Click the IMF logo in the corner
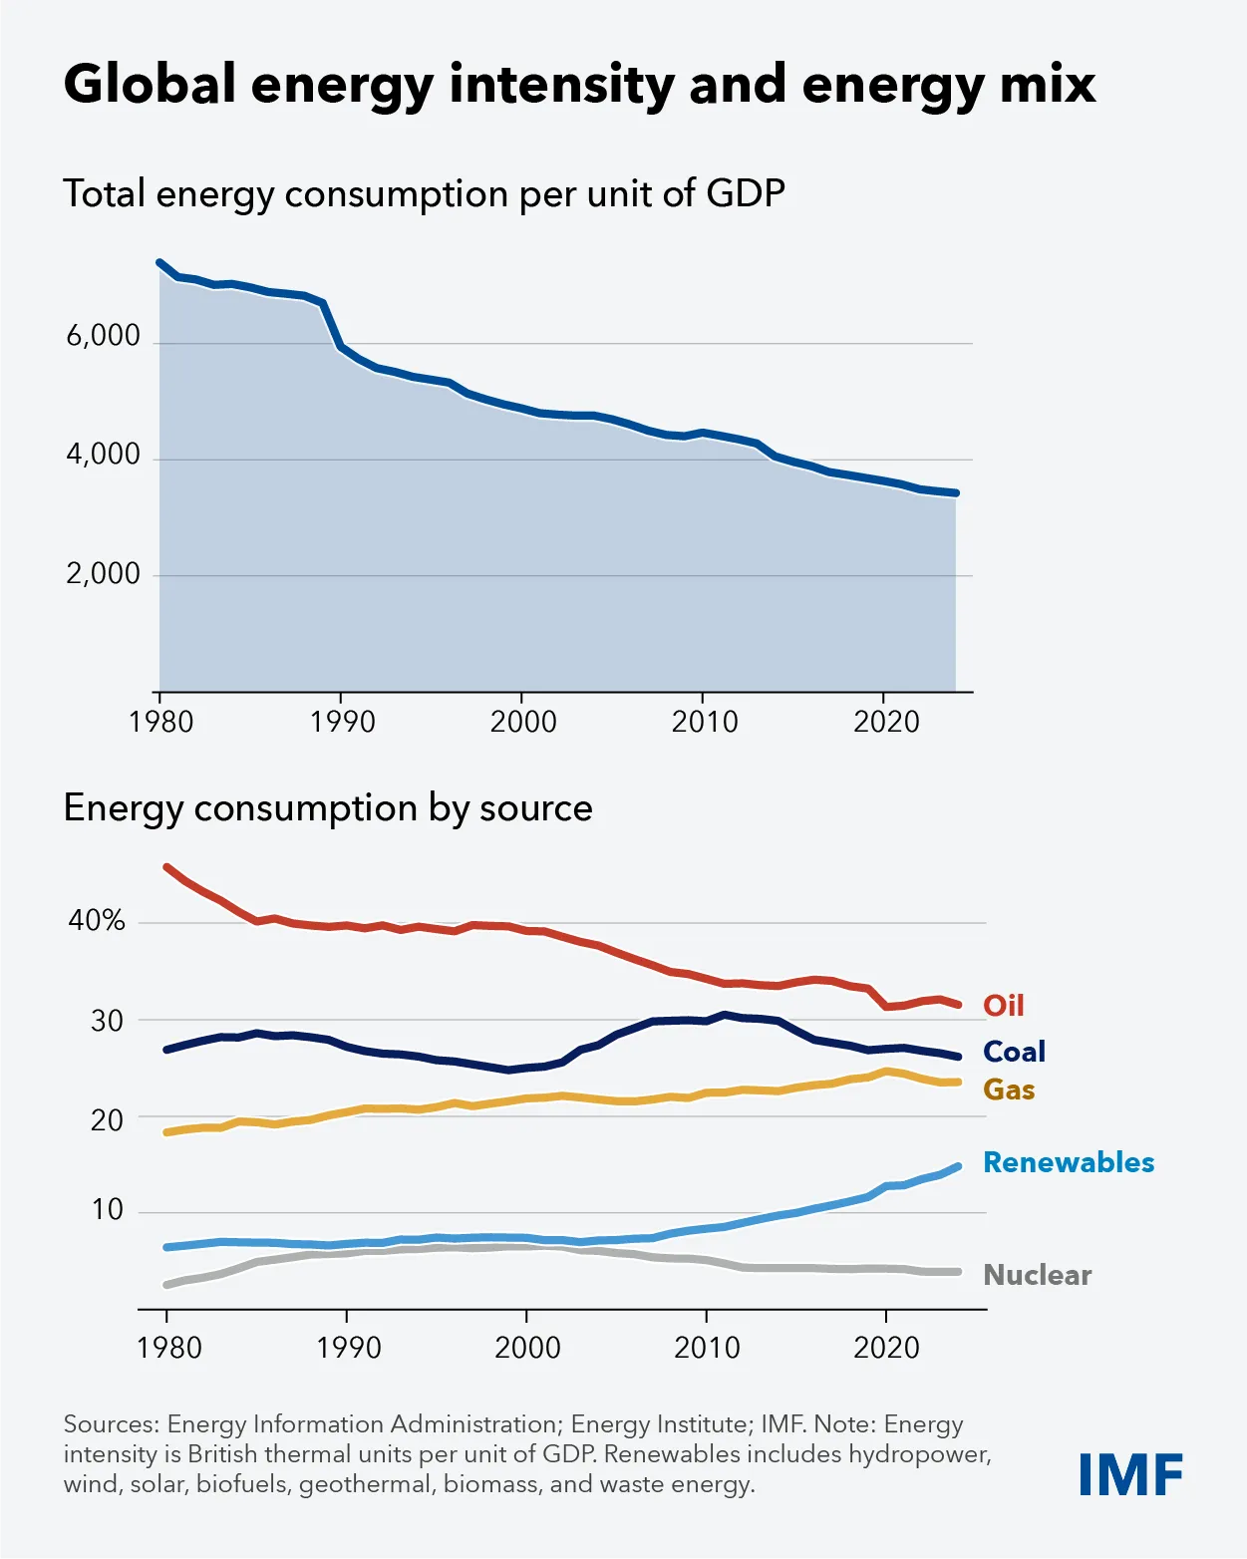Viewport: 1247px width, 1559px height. coord(1130,1474)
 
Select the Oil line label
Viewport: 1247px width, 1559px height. coord(1003,1005)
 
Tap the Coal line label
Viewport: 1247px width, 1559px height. coord(1014,1052)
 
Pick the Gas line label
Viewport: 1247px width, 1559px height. coord(1009,1090)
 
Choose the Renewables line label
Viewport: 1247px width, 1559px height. coord(1069,1162)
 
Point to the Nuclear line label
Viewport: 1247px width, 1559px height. coord(1037,1275)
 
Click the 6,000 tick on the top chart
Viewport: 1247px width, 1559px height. coord(103,336)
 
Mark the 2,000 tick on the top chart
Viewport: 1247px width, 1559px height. coord(103,574)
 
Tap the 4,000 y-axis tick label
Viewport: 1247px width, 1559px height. coord(103,455)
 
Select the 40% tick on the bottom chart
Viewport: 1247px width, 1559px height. coord(97,920)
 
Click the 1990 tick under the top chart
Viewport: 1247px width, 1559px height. coord(342,722)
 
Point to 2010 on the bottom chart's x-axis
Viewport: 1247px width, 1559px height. coord(707,1348)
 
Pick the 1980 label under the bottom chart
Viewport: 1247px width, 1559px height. coord(168,1348)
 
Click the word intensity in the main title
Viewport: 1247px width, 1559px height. coord(561,84)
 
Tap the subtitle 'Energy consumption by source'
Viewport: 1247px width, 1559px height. coord(328,807)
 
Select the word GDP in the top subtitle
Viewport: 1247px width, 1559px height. coord(745,192)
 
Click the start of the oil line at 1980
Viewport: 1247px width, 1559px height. coord(166,867)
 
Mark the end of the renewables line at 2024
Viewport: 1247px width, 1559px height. coord(958,1166)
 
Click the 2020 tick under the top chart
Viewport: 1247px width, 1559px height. coord(885,722)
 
